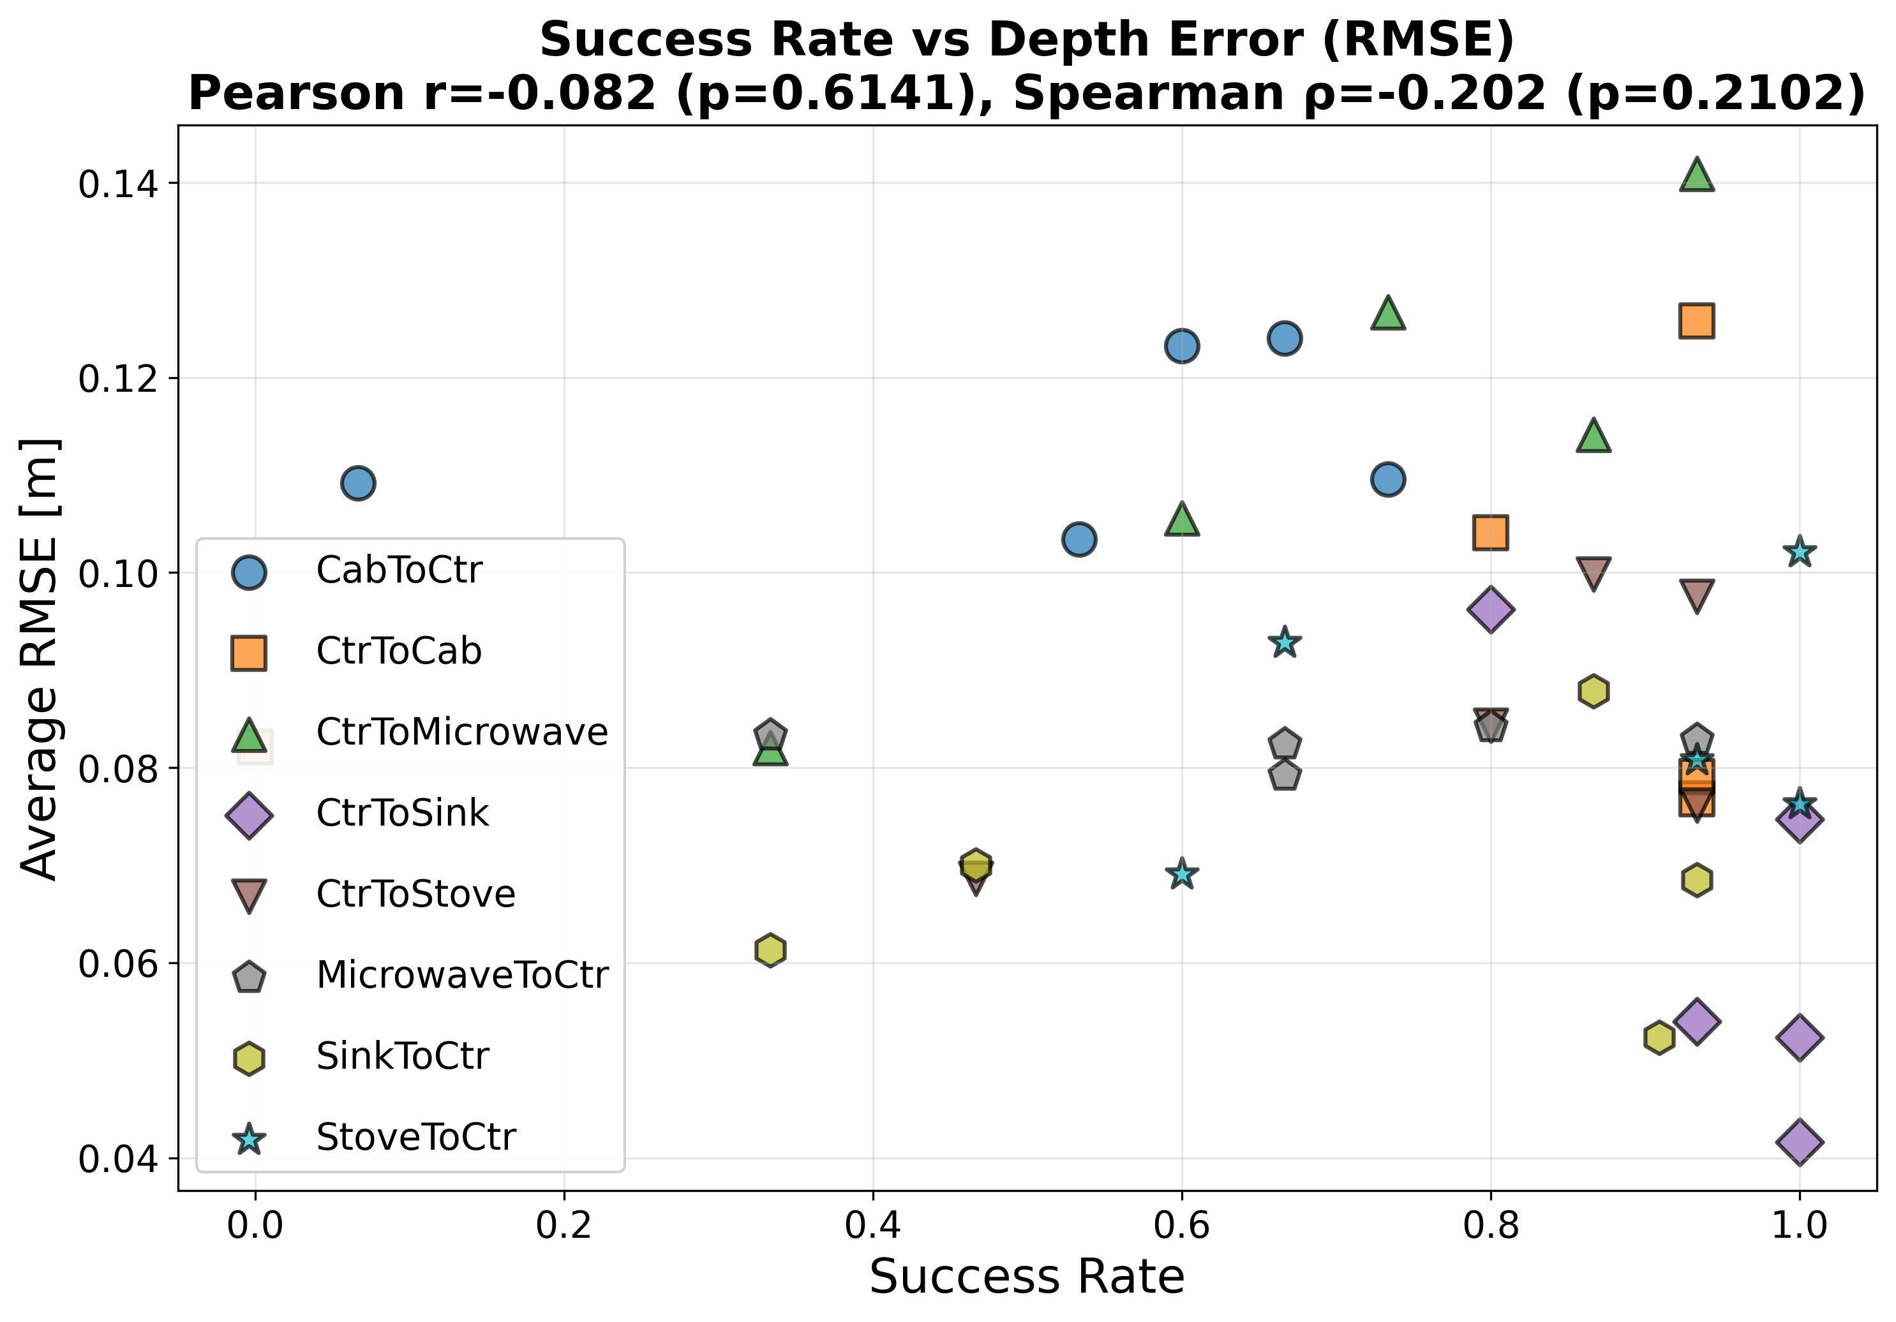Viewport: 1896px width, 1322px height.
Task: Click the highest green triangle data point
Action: [1696, 175]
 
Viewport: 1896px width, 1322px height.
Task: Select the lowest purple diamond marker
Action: [1800, 1142]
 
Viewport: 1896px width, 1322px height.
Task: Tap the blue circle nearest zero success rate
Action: [357, 482]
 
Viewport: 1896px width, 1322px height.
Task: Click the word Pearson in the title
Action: [298, 93]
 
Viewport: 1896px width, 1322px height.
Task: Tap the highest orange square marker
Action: [1696, 320]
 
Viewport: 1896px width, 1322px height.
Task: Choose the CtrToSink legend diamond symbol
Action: [248, 815]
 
